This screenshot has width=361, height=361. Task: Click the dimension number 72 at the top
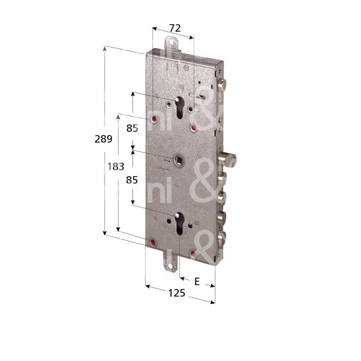174,28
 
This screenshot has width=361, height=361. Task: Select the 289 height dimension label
103,139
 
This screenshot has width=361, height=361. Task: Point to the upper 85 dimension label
132,128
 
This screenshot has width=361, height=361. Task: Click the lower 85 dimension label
132,179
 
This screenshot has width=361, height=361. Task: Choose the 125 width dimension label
176,294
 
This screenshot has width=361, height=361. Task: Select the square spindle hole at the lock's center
179,159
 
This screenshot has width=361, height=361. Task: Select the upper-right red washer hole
193,128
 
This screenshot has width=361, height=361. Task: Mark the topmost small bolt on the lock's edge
223,85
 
